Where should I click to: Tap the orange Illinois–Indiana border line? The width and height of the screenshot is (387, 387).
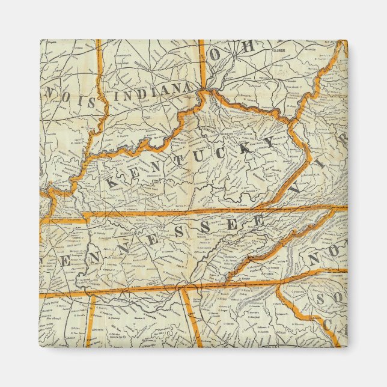(97, 120)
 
